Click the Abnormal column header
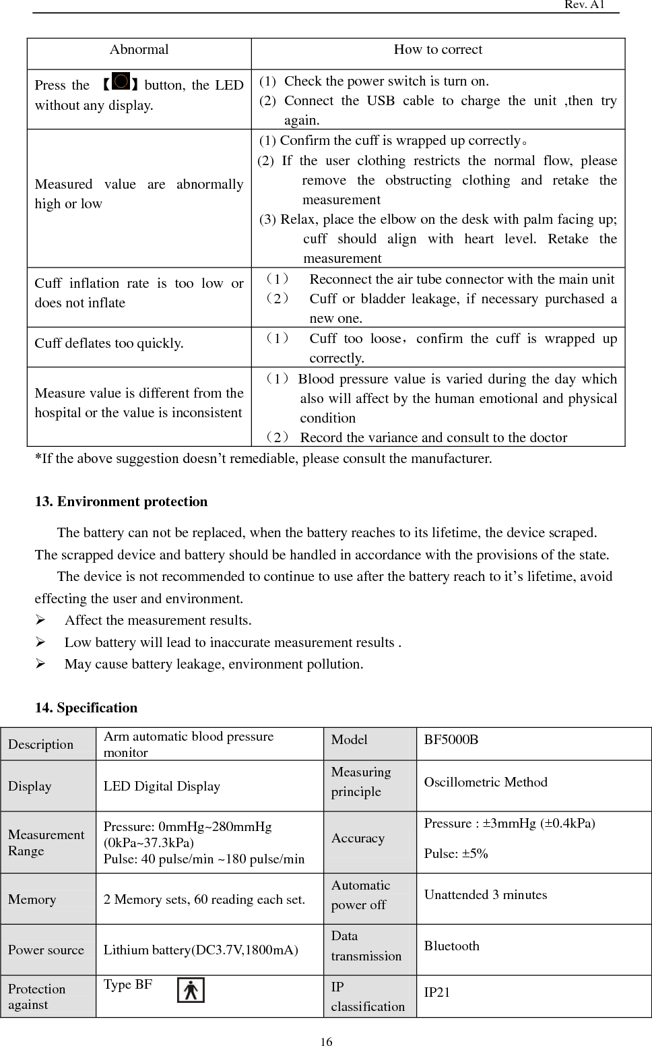point(139,50)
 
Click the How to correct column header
point(438,50)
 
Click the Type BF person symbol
point(191,991)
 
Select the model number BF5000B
point(451,740)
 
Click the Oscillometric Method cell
point(485,782)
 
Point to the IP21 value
point(437,992)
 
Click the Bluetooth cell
point(451,946)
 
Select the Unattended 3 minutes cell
point(485,895)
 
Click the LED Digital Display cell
point(162,787)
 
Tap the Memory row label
point(32,900)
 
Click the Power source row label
point(46,950)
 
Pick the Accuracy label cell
point(358,838)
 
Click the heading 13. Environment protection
point(121,502)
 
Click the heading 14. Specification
point(86,708)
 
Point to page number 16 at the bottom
point(326,1042)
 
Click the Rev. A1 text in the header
point(584,5)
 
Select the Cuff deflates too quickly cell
point(109,344)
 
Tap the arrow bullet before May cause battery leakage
point(40,664)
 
